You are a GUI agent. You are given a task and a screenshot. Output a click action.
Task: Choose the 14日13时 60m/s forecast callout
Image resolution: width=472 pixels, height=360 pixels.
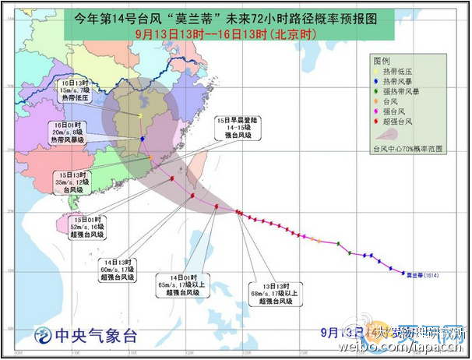click(118, 270)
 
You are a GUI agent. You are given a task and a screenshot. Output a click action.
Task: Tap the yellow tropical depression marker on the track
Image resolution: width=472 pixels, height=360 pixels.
click(140, 115)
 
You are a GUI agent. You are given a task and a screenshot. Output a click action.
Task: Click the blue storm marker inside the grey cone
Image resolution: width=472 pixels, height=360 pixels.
click(143, 139)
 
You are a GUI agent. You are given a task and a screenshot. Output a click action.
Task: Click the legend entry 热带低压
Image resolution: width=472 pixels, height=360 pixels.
click(398, 71)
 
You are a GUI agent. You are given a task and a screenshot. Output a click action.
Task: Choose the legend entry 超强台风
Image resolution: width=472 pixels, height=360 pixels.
click(398, 122)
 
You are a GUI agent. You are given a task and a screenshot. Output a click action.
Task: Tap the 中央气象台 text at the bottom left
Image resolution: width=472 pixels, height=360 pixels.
click(94, 337)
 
